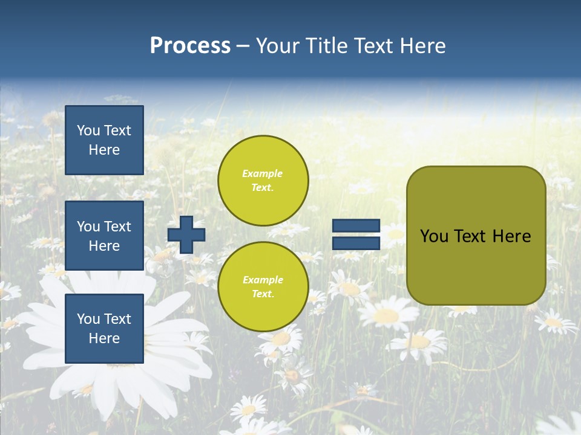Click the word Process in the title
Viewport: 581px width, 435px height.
(x=190, y=46)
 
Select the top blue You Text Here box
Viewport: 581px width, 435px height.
(x=104, y=140)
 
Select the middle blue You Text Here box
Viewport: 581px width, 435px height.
(x=104, y=236)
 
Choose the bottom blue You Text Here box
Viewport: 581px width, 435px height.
(x=104, y=328)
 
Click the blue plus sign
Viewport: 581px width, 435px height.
(x=186, y=234)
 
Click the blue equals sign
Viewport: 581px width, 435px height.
(x=356, y=234)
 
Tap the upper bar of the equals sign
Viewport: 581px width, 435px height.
(x=356, y=225)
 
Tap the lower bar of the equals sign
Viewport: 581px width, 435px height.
(x=356, y=243)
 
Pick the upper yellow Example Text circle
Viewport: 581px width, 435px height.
(x=263, y=180)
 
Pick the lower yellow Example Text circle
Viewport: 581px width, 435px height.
(x=263, y=286)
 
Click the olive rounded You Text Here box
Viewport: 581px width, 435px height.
(x=476, y=235)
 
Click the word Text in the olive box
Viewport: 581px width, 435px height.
(x=470, y=236)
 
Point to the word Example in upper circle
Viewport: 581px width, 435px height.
(x=263, y=173)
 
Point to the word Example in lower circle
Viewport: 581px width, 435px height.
(x=263, y=280)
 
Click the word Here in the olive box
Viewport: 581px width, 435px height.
(x=512, y=236)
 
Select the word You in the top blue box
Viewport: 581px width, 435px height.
(x=88, y=130)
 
